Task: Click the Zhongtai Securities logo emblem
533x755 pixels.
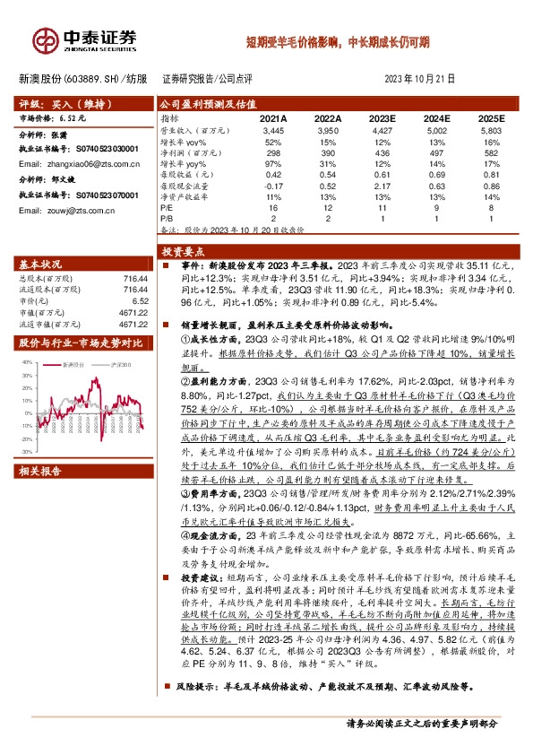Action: pyautogui.click(x=44, y=40)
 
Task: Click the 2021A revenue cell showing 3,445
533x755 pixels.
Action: pyautogui.click(x=272, y=130)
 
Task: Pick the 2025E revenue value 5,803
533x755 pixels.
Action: pyautogui.click(x=491, y=130)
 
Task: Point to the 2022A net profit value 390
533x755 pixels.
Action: pyautogui.click(x=328, y=152)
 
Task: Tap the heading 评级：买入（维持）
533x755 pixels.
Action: pyautogui.click(x=59, y=105)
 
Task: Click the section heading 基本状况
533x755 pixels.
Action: pyautogui.click(x=44, y=265)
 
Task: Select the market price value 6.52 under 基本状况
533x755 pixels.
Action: pyautogui.click(x=135, y=300)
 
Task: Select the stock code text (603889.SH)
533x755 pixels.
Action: pyautogui.click(x=90, y=78)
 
